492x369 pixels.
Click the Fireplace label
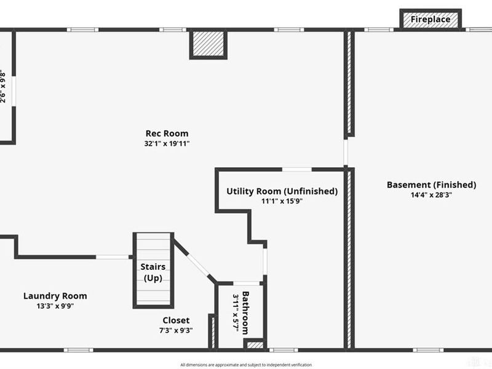pos(430,20)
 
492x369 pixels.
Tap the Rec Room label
pos(167,133)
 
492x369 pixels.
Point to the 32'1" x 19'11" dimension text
pos(167,144)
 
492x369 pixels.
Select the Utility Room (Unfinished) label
pos(282,191)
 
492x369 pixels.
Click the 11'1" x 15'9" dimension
pos(282,201)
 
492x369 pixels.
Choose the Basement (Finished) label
pos(431,184)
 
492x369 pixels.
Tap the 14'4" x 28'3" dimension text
pos(431,195)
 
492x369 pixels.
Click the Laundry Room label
pos(55,296)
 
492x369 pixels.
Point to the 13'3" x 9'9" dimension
pos(55,306)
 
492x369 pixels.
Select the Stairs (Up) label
pos(153,272)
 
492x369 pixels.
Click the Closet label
pos(176,320)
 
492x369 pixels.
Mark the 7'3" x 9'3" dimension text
pos(176,330)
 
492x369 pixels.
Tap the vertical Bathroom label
pos(245,311)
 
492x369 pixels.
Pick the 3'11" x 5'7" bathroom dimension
pos(236,312)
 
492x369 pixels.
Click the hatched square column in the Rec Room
pos(208,44)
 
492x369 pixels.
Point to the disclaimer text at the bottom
pos(246,365)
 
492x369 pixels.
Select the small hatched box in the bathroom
pos(255,344)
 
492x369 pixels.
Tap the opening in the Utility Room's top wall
pos(296,169)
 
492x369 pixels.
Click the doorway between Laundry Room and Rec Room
pos(113,256)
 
